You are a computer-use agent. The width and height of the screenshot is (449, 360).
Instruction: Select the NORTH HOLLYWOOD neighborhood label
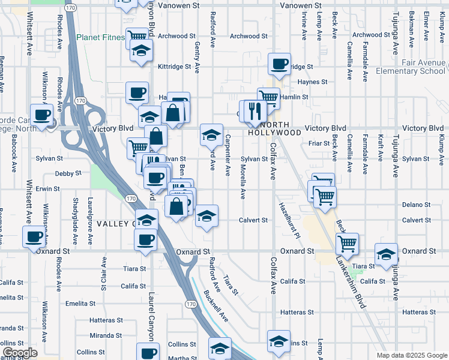pyautogui.click(x=274, y=128)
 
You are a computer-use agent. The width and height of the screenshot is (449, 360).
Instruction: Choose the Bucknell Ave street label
pyautogui.click(x=216, y=305)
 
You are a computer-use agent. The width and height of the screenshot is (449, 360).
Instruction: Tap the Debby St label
pyautogui.click(x=68, y=173)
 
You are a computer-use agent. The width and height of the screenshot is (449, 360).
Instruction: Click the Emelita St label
pyautogui.click(x=77, y=303)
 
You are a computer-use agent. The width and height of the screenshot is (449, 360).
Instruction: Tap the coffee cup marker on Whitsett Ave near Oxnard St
pyautogui.click(x=34, y=236)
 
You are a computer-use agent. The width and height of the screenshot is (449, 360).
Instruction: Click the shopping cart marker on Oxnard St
pyautogui.click(x=348, y=244)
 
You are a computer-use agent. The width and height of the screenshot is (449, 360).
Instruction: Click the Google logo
pyautogui.click(x=20, y=353)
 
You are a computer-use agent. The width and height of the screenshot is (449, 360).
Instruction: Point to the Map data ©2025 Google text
pyautogui.click(x=411, y=355)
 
